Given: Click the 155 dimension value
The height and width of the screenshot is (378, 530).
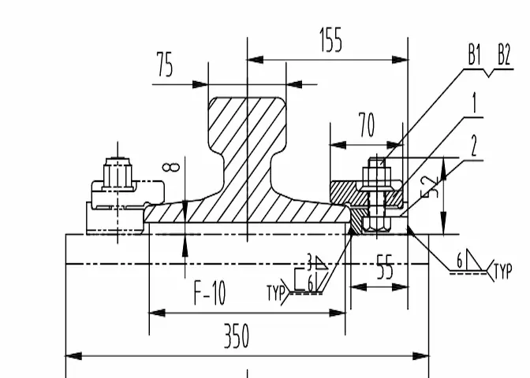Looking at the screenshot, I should [x=330, y=40].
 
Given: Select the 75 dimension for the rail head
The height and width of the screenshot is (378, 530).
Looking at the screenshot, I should [x=164, y=66].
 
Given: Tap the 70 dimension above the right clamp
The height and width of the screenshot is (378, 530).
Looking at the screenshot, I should [x=366, y=126].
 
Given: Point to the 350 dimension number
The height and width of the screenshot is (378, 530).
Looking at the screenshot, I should [x=236, y=336].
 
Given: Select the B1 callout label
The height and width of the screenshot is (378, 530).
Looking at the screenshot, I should [x=474, y=55].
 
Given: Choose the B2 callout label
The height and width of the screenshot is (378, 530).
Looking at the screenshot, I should [x=504, y=55].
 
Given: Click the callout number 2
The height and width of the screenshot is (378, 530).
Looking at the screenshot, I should [x=474, y=144].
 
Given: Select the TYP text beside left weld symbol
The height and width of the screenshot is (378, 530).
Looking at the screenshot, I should [x=276, y=294].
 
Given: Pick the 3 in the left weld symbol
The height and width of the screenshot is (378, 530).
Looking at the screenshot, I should [x=310, y=258].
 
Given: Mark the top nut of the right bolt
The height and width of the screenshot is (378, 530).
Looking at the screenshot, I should [x=377, y=172].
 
